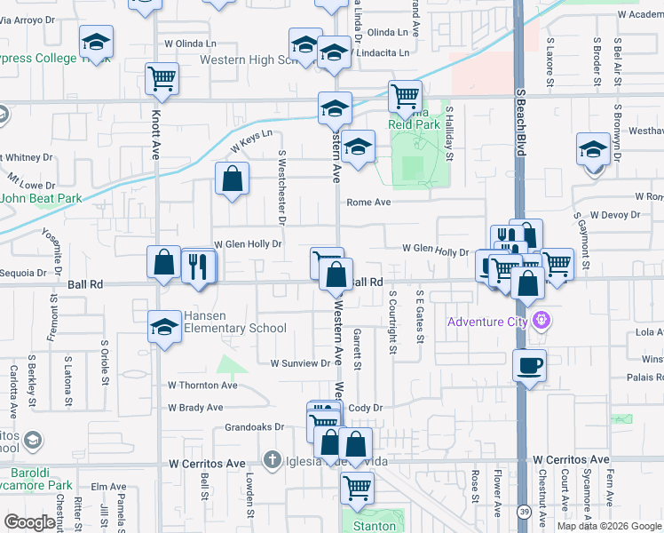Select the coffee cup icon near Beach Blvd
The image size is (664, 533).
point(529,366)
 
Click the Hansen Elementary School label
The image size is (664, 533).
point(234,322)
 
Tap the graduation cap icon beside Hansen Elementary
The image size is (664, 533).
point(164,327)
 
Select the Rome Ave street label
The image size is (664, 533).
point(368,203)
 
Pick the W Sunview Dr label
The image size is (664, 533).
point(300,363)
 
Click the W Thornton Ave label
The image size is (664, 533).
point(202,386)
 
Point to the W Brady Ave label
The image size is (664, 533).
point(195,408)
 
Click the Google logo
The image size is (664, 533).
point(29,522)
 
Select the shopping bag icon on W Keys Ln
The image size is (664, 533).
point(232,179)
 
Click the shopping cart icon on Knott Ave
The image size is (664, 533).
point(162,78)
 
